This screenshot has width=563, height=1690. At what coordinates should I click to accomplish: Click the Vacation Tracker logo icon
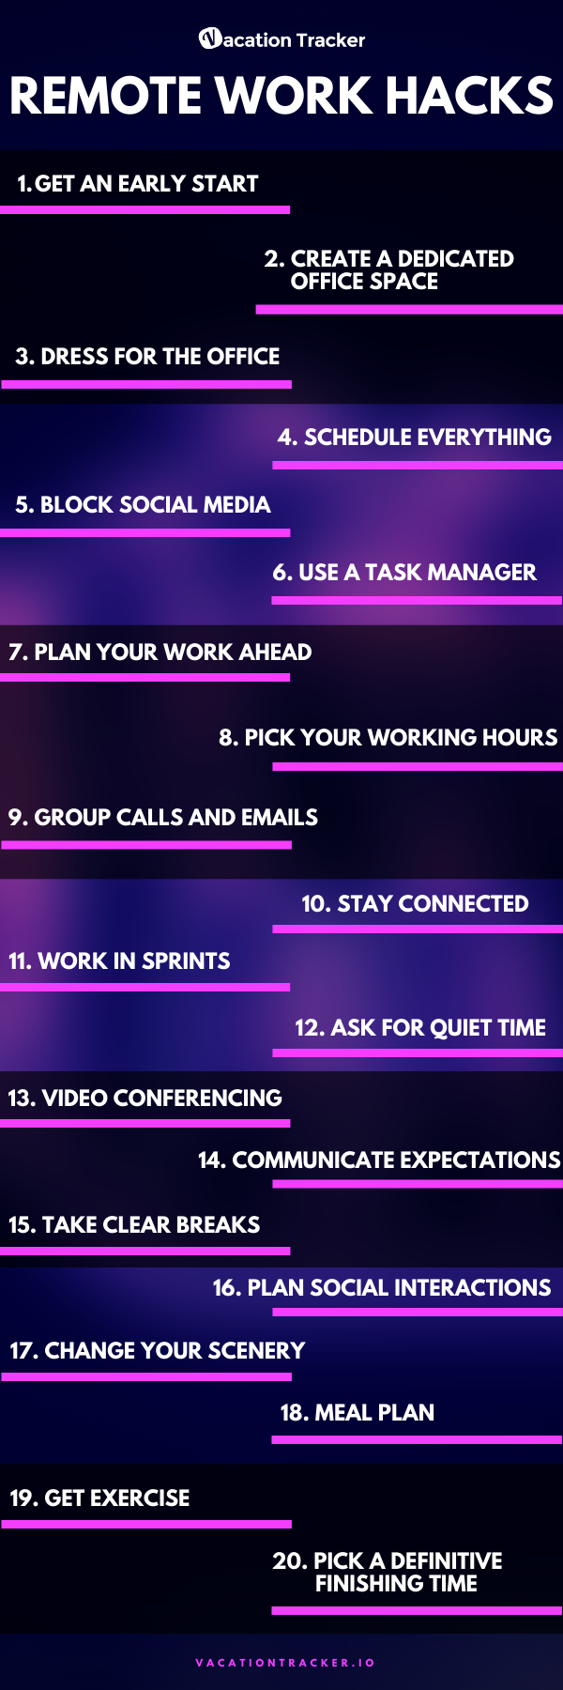coord(210,38)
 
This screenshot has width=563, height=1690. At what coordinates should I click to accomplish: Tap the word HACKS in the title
coord(469,96)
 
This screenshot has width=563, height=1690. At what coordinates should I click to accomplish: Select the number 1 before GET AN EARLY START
coord(24,184)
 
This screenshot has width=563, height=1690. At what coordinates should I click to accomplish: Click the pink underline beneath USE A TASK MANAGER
coord(417,600)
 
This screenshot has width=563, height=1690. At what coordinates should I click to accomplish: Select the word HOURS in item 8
coord(520,738)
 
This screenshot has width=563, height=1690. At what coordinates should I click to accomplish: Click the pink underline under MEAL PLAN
coord(417,1439)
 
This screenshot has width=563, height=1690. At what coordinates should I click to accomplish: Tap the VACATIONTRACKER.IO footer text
coord(285,1663)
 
